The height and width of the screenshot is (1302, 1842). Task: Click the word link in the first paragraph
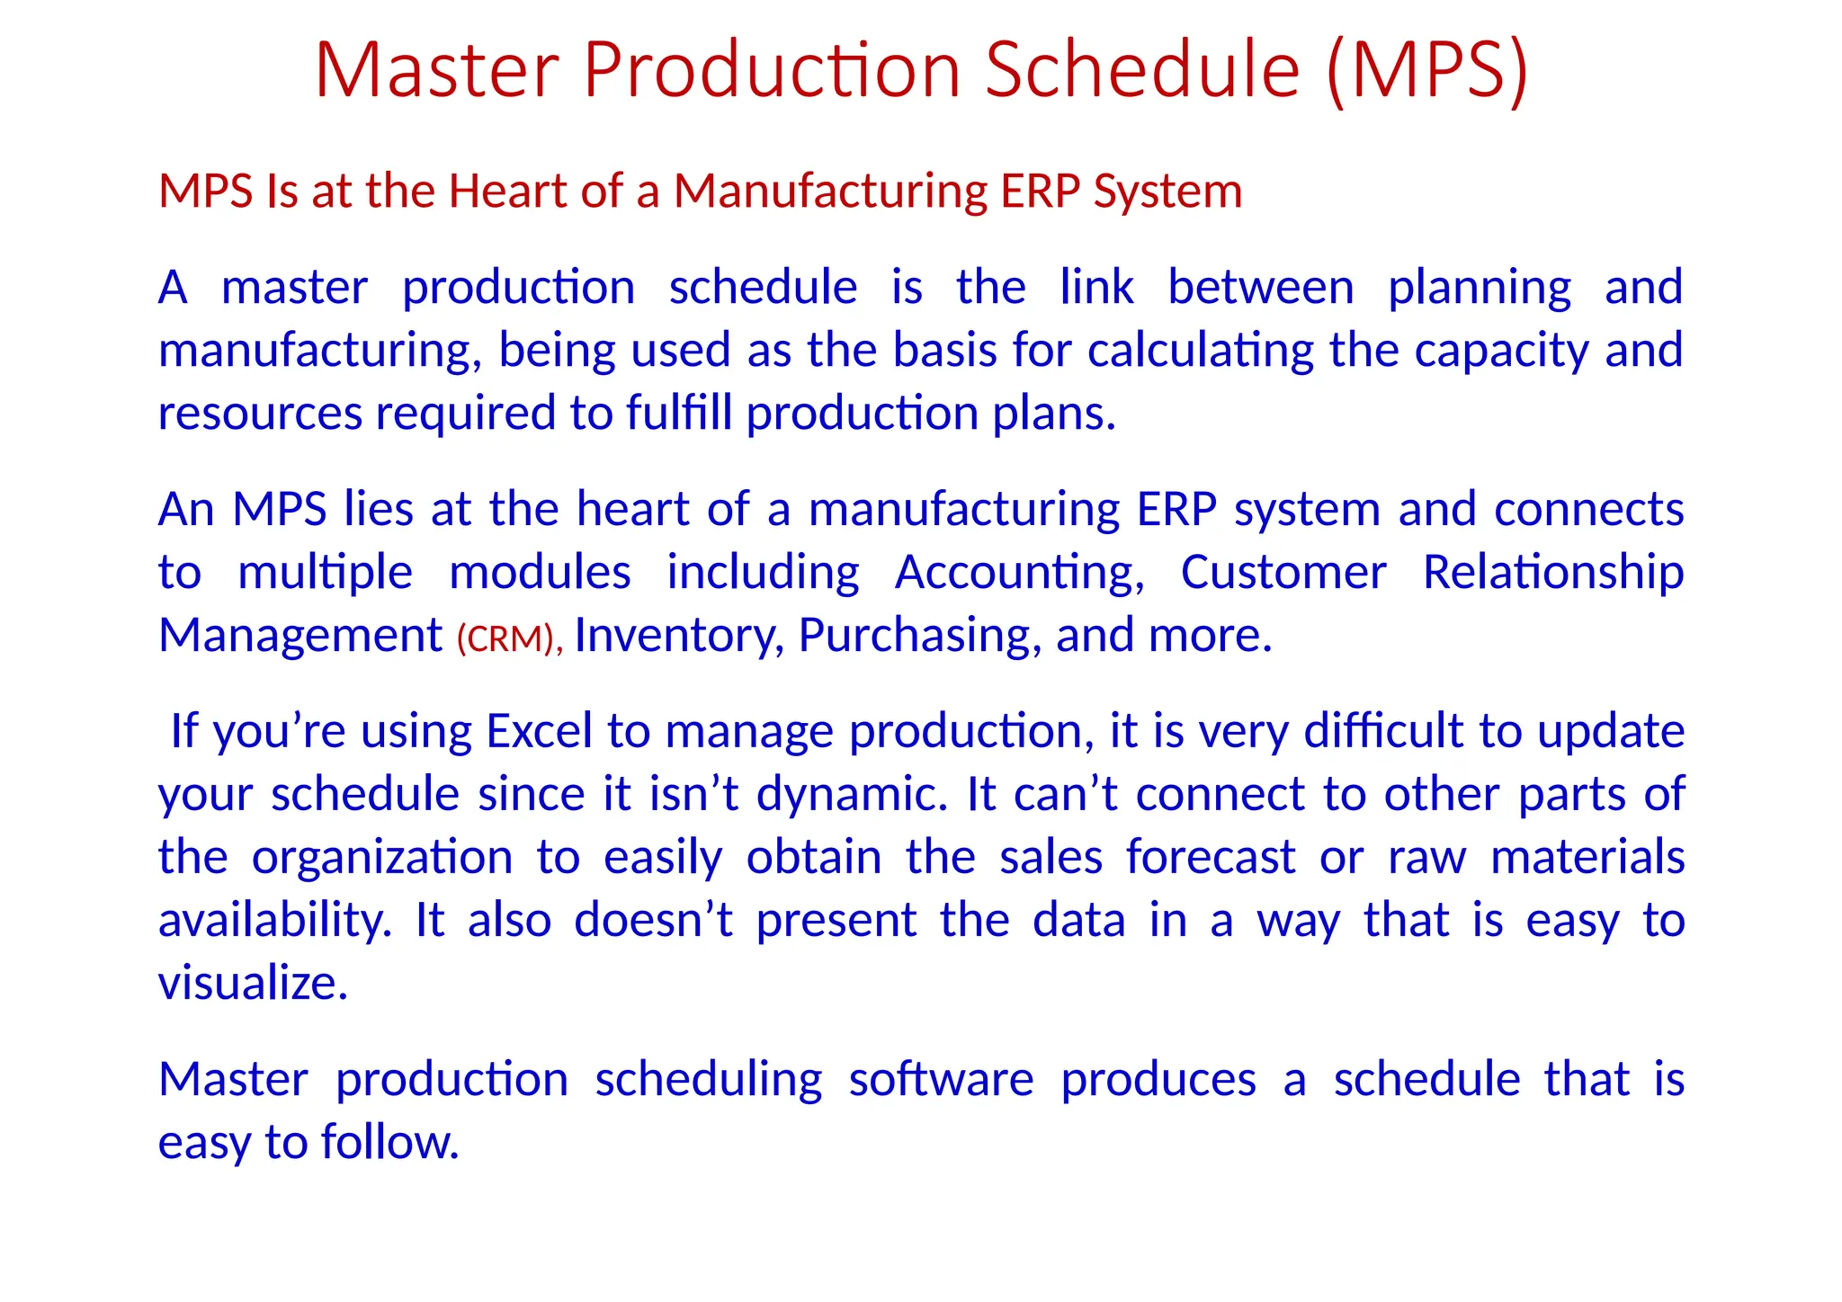pyautogui.click(x=1096, y=288)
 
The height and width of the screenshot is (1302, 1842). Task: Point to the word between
pyautogui.click(x=1260, y=288)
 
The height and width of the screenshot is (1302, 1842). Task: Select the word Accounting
pyautogui.click(x=1019, y=574)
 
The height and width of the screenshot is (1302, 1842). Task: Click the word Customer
pyautogui.click(x=1283, y=572)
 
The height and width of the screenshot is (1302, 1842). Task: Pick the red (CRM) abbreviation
pyautogui.click(x=508, y=638)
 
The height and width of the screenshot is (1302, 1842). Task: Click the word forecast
pyautogui.click(x=1211, y=857)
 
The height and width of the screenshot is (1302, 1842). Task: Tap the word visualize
pyautogui.click(x=252, y=984)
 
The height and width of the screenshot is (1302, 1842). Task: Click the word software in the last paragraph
pyautogui.click(x=941, y=1079)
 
